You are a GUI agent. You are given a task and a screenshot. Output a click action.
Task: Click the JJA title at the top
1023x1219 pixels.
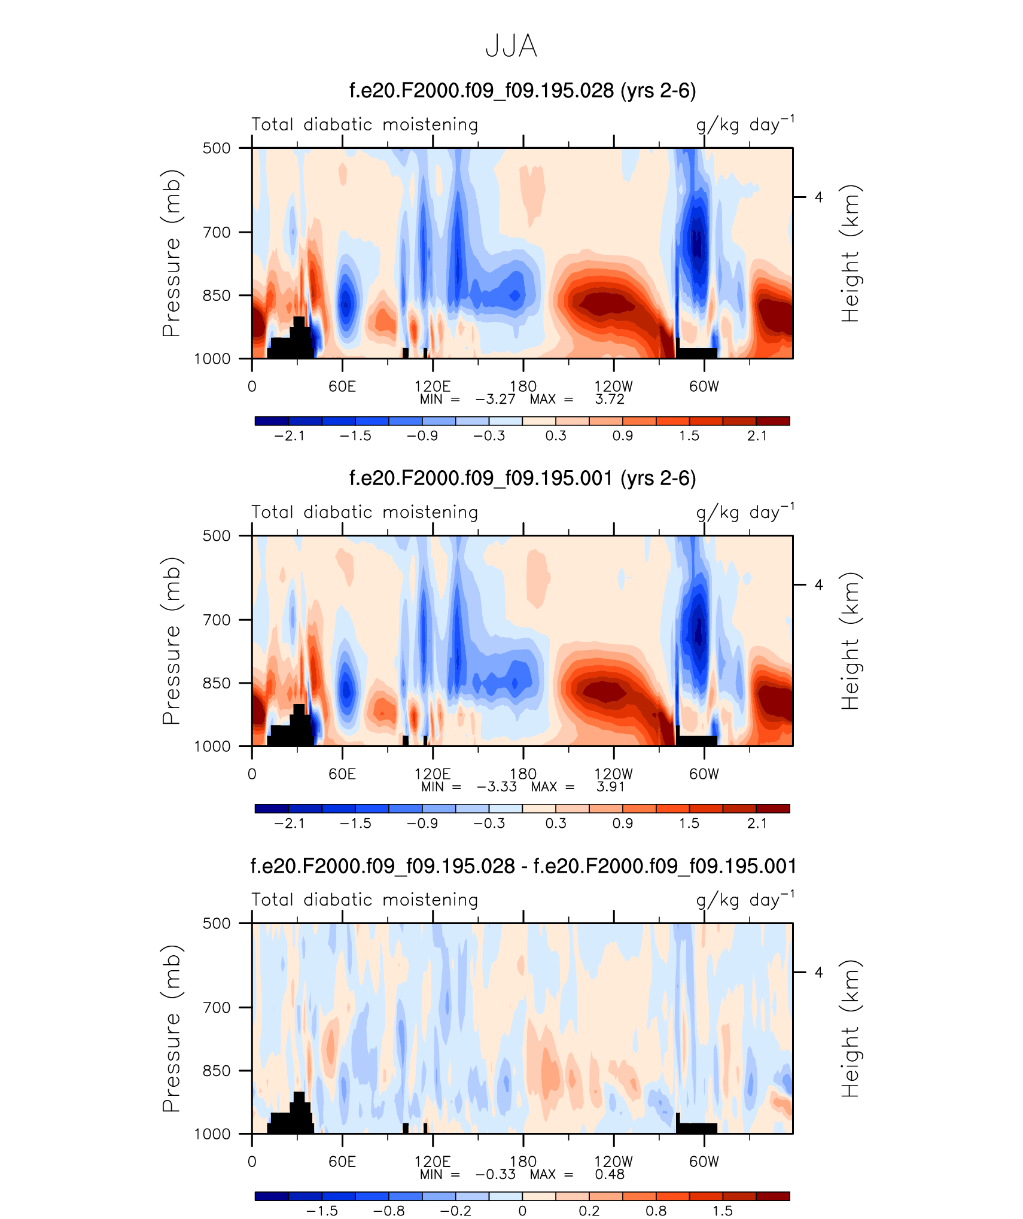click(x=511, y=46)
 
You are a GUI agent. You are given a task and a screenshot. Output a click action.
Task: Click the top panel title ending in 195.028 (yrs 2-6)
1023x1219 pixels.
click(x=522, y=90)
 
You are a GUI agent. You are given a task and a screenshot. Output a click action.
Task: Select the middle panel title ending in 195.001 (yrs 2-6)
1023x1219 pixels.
click(x=522, y=478)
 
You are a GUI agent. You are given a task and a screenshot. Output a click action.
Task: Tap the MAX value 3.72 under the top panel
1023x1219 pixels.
click(x=610, y=399)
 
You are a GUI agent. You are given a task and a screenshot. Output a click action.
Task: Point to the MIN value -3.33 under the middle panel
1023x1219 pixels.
click(x=497, y=787)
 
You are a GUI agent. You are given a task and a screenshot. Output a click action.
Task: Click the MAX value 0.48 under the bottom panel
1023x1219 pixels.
click(x=610, y=1174)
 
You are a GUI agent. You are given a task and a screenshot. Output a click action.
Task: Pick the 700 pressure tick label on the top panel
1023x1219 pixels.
click(x=217, y=232)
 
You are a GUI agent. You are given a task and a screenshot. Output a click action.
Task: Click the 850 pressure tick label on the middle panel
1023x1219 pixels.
click(x=217, y=683)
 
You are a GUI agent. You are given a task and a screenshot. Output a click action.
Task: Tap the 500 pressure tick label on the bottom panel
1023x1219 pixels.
click(x=217, y=923)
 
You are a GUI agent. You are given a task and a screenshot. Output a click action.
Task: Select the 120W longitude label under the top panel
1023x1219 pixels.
click(x=613, y=386)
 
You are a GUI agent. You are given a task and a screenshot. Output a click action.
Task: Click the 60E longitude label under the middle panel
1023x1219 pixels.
click(x=342, y=774)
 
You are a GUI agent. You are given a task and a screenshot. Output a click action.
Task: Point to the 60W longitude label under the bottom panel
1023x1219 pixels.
click(x=704, y=1162)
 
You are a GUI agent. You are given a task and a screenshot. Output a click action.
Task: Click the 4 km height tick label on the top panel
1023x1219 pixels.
click(x=818, y=197)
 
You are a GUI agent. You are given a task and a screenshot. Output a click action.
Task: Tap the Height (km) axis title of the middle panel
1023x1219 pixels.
click(x=850, y=641)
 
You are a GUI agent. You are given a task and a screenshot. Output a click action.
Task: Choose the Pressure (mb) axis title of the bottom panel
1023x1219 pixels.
click(x=171, y=1028)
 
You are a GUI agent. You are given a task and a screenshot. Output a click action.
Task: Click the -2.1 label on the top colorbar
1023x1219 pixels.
click(x=289, y=436)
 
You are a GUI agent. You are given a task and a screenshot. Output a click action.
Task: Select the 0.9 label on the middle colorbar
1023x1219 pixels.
click(x=622, y=824)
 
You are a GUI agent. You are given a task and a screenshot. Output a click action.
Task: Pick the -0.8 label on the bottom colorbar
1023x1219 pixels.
click(x=389, y=1211)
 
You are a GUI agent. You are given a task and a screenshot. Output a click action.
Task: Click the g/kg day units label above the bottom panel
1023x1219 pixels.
click(x=745, y=900)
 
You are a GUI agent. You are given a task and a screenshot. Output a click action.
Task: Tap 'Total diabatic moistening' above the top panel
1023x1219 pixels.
click(x=364, y=125)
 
